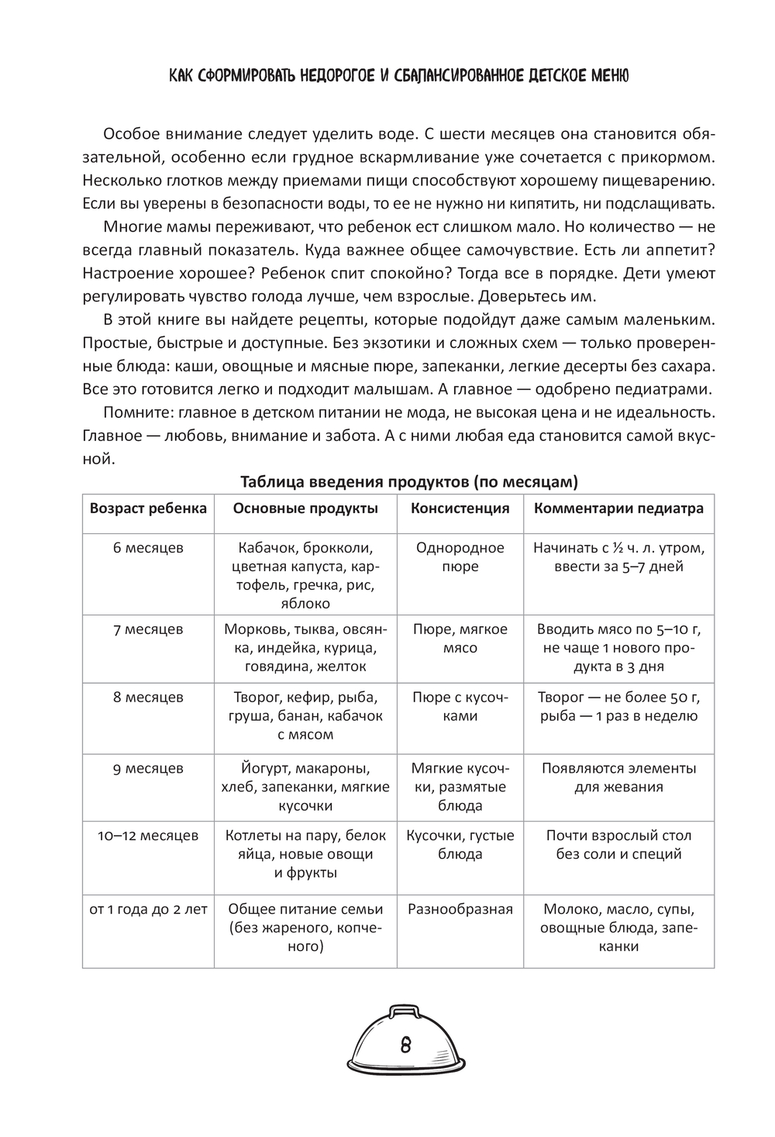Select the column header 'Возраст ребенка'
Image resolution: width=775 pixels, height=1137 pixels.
coord(148,508)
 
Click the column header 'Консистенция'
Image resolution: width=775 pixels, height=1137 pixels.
coord(460,508)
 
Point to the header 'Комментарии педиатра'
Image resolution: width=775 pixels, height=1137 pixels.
coord(618,508)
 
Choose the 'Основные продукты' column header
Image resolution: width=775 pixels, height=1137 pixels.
coord(305,508)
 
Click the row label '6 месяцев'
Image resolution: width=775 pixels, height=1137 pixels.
coord(148,548)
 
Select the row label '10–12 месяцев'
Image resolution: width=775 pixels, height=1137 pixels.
coord(148,836)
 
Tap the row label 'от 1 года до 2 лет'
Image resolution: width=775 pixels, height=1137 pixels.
coord(148,909)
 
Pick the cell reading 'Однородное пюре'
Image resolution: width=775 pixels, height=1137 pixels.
coord(460,557)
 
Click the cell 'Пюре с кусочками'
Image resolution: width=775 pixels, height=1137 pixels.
coord(460,707)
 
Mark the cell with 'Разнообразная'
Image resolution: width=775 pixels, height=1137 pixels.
coord(460,909)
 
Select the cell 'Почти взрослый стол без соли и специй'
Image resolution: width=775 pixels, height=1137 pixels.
coord(618,845)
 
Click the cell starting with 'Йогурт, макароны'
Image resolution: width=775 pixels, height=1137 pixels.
coord(305,787)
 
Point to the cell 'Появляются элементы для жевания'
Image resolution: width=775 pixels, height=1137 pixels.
coord(618,777)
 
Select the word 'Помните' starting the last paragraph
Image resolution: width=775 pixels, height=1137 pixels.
coord(130,411)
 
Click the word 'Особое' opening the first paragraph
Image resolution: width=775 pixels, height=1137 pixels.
coord(127,133)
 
